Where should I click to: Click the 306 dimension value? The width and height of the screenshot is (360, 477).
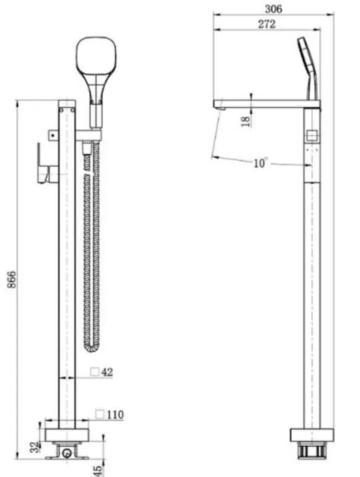pyautogui.click(x=273, y=9)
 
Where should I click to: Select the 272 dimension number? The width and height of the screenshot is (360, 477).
pyautogui.click(x=267, y=24)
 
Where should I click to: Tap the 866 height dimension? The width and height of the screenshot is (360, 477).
pyautogui.click(x=11, y=280)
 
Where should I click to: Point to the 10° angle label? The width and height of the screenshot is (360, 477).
pyautogui.click(x=261, y=163)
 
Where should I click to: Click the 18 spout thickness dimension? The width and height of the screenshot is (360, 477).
pyautogui.click(x=246, y=121)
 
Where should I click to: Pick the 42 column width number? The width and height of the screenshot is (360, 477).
pyautogui.click(x=107, y=371)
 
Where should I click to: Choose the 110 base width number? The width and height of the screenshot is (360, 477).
pyautogui.click(x=115, y=414)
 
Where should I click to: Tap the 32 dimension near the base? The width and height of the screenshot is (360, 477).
pyautogui.click(x=36, y=447)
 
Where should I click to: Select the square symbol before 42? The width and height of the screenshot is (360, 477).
pyautogui.click(x=95, y=371)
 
